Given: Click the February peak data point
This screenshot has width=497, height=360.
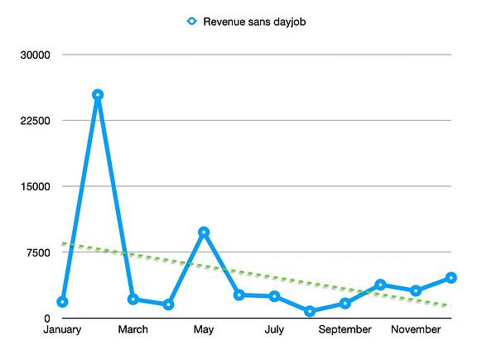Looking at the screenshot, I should [x=98, y=95].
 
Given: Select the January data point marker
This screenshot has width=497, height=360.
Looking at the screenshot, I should [x=62, y=302].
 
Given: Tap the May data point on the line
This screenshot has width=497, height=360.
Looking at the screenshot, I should [x=204, y=233].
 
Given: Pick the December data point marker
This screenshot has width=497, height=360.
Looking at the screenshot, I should [x=451, y=278].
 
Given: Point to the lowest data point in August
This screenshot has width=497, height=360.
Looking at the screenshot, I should [x=310, y=311].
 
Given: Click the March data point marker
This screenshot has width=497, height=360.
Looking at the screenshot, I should [x=133, y=300].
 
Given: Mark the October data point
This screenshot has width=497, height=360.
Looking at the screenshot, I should [x=380, y=285].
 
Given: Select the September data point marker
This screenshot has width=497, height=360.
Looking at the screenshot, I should [x=345, y=304].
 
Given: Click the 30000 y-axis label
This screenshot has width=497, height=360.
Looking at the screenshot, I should [x=36, y=55].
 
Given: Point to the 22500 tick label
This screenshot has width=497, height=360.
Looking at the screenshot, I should [x=36, y=121].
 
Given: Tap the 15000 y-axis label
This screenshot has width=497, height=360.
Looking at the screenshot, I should [x=36, y=187].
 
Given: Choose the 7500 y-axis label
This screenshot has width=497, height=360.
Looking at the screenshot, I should [x=39, y=252].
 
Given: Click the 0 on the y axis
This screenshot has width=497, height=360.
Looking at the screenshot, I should [x=48, y=319].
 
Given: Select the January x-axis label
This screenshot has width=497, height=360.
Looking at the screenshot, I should [x=62, y=330].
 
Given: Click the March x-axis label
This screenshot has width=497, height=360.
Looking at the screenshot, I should [x=133, y=330].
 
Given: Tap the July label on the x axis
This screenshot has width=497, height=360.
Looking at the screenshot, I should [x=274, y=330].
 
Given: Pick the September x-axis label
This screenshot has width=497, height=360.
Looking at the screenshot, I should [x=345, y=330].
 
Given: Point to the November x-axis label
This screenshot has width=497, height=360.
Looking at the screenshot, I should [x=416, y=330].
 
